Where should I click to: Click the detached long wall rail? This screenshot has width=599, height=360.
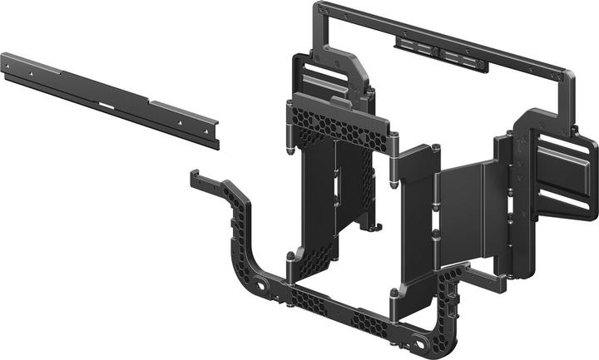pyautogui.click(x=108, y=98)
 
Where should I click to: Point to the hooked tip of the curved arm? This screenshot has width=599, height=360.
pyautogui.click(x=195, y=176)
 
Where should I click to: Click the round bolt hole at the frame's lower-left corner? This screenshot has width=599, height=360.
pyautogui.click(x=264, y=288)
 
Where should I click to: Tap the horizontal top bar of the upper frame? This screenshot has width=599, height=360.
pyautogui.click(x=441, y=37)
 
